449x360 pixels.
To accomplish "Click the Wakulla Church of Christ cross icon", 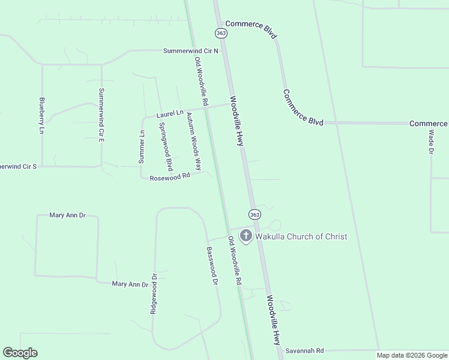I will pos(246,236).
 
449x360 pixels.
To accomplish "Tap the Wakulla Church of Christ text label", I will pos(301,236).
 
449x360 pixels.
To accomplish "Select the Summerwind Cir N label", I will pos(190,51).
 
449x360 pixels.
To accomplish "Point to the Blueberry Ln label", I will pos(42,115).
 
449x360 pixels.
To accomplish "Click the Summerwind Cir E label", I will pos(101,115).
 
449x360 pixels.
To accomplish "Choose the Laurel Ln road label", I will pos(170,113).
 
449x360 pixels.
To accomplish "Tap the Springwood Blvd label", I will pos(166,146).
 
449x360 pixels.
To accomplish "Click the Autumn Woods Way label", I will pos(193,141).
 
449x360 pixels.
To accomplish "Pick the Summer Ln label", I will pos(142,147).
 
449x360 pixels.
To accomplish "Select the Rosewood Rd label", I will pos(170,177).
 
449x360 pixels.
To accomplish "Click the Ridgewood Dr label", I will pos(154,294).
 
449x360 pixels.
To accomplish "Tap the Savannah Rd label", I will pos(304,350).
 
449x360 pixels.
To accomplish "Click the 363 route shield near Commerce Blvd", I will pos(221,32).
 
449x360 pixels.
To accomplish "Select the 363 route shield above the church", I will pos(255,215).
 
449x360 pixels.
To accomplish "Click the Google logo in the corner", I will pos(20,353).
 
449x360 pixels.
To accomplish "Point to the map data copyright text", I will pos(412,355).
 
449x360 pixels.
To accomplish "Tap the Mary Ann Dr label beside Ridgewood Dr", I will pos(130,284).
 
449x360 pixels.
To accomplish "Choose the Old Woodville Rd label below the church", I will pos(234,260).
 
